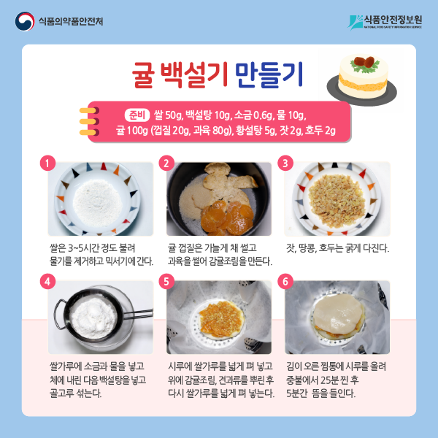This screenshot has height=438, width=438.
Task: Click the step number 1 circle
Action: pos(47,163)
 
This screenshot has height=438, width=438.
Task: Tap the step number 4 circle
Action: pos(47,281)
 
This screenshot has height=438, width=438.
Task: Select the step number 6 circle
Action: pos(285,281)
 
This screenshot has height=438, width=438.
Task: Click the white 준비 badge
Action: pos(137,115)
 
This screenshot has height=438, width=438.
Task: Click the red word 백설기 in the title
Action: pos(194,75)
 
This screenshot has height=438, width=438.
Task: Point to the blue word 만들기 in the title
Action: pos(269,75)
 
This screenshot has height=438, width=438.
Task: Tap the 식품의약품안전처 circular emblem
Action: pos(25,21)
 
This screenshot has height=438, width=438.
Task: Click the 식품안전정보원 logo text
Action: pos(393,20)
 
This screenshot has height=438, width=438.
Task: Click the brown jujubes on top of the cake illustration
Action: pos(365,62)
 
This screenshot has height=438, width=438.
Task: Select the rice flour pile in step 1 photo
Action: pos(98,202)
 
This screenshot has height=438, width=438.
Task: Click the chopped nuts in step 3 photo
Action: pos(337,200)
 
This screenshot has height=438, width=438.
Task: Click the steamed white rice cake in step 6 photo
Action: pos(338,314)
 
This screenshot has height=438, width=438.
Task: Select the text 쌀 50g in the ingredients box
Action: pos(169,115)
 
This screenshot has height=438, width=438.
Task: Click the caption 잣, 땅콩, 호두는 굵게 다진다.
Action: pos(337,248)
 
